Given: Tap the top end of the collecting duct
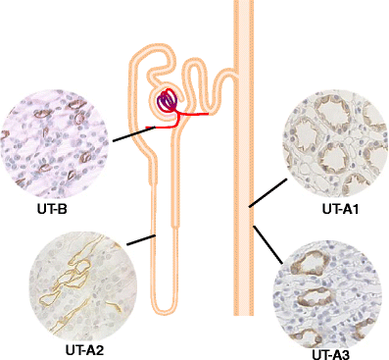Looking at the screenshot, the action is coord(242,4).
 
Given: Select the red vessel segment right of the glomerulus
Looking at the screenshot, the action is coord(196,114).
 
